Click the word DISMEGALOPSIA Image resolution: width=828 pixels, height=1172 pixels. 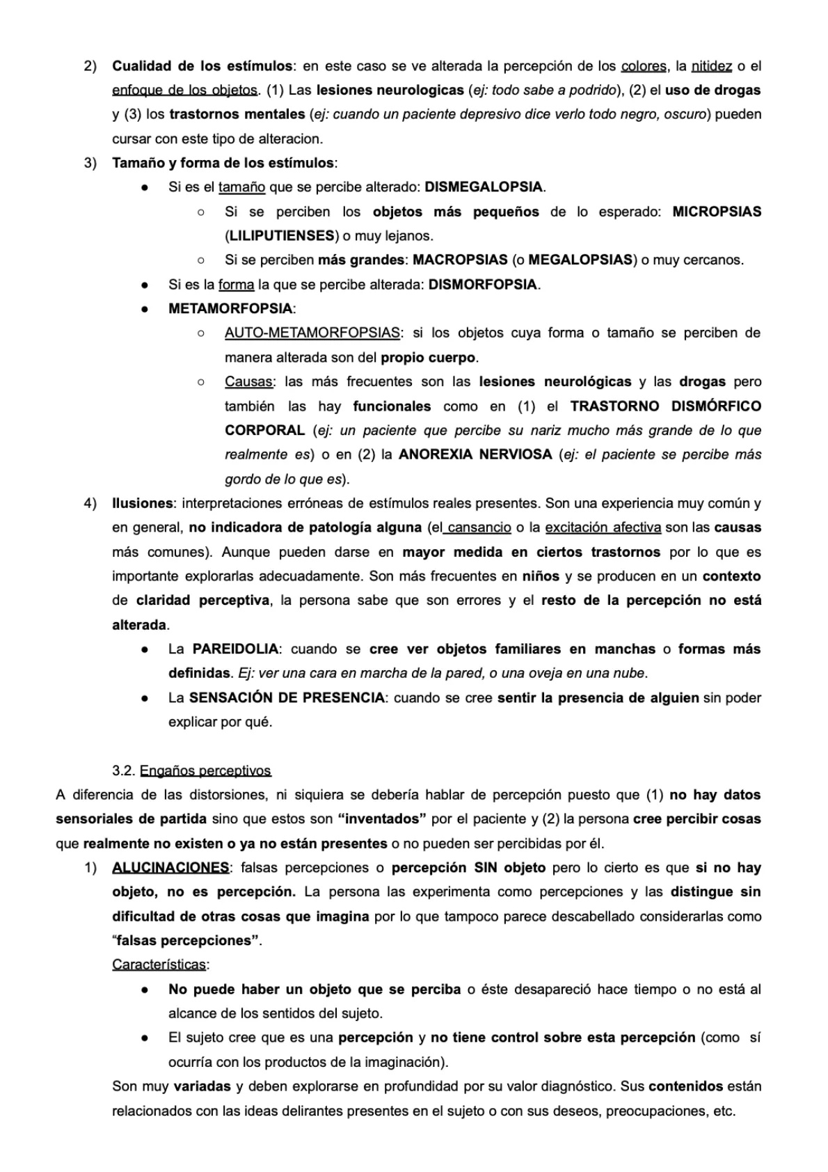[x=484, y=187]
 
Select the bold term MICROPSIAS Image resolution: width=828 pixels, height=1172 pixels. [x=717, y=212]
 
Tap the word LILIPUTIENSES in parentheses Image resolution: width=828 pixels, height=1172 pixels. [x=280, y=236]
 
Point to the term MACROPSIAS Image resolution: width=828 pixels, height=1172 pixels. [x=460, y=260]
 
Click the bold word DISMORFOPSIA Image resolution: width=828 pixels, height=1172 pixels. [x=483, y=285]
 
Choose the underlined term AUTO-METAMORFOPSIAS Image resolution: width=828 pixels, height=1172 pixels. [x=312, y=333]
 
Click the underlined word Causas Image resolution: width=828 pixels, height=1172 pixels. [x=249, y=382]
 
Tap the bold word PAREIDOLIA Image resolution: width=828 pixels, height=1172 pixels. [x=235, y=649]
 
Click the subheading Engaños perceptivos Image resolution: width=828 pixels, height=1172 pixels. [x=205, y=770]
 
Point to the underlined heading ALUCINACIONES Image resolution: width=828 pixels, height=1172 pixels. [x=170, y=868]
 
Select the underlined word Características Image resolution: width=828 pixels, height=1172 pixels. [x=159, y=965]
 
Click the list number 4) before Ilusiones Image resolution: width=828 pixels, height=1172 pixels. [x=90, y=503]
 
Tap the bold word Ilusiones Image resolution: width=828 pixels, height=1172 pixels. [x=143, y=503]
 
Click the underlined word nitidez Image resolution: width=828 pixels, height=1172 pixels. [x=711, y=66]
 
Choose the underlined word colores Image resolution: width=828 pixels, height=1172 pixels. [x=644, y=66]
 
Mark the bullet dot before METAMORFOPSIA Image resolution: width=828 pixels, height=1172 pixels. [x=145, y=309]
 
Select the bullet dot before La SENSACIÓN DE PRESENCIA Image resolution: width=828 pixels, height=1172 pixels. [x=145, y=698]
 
